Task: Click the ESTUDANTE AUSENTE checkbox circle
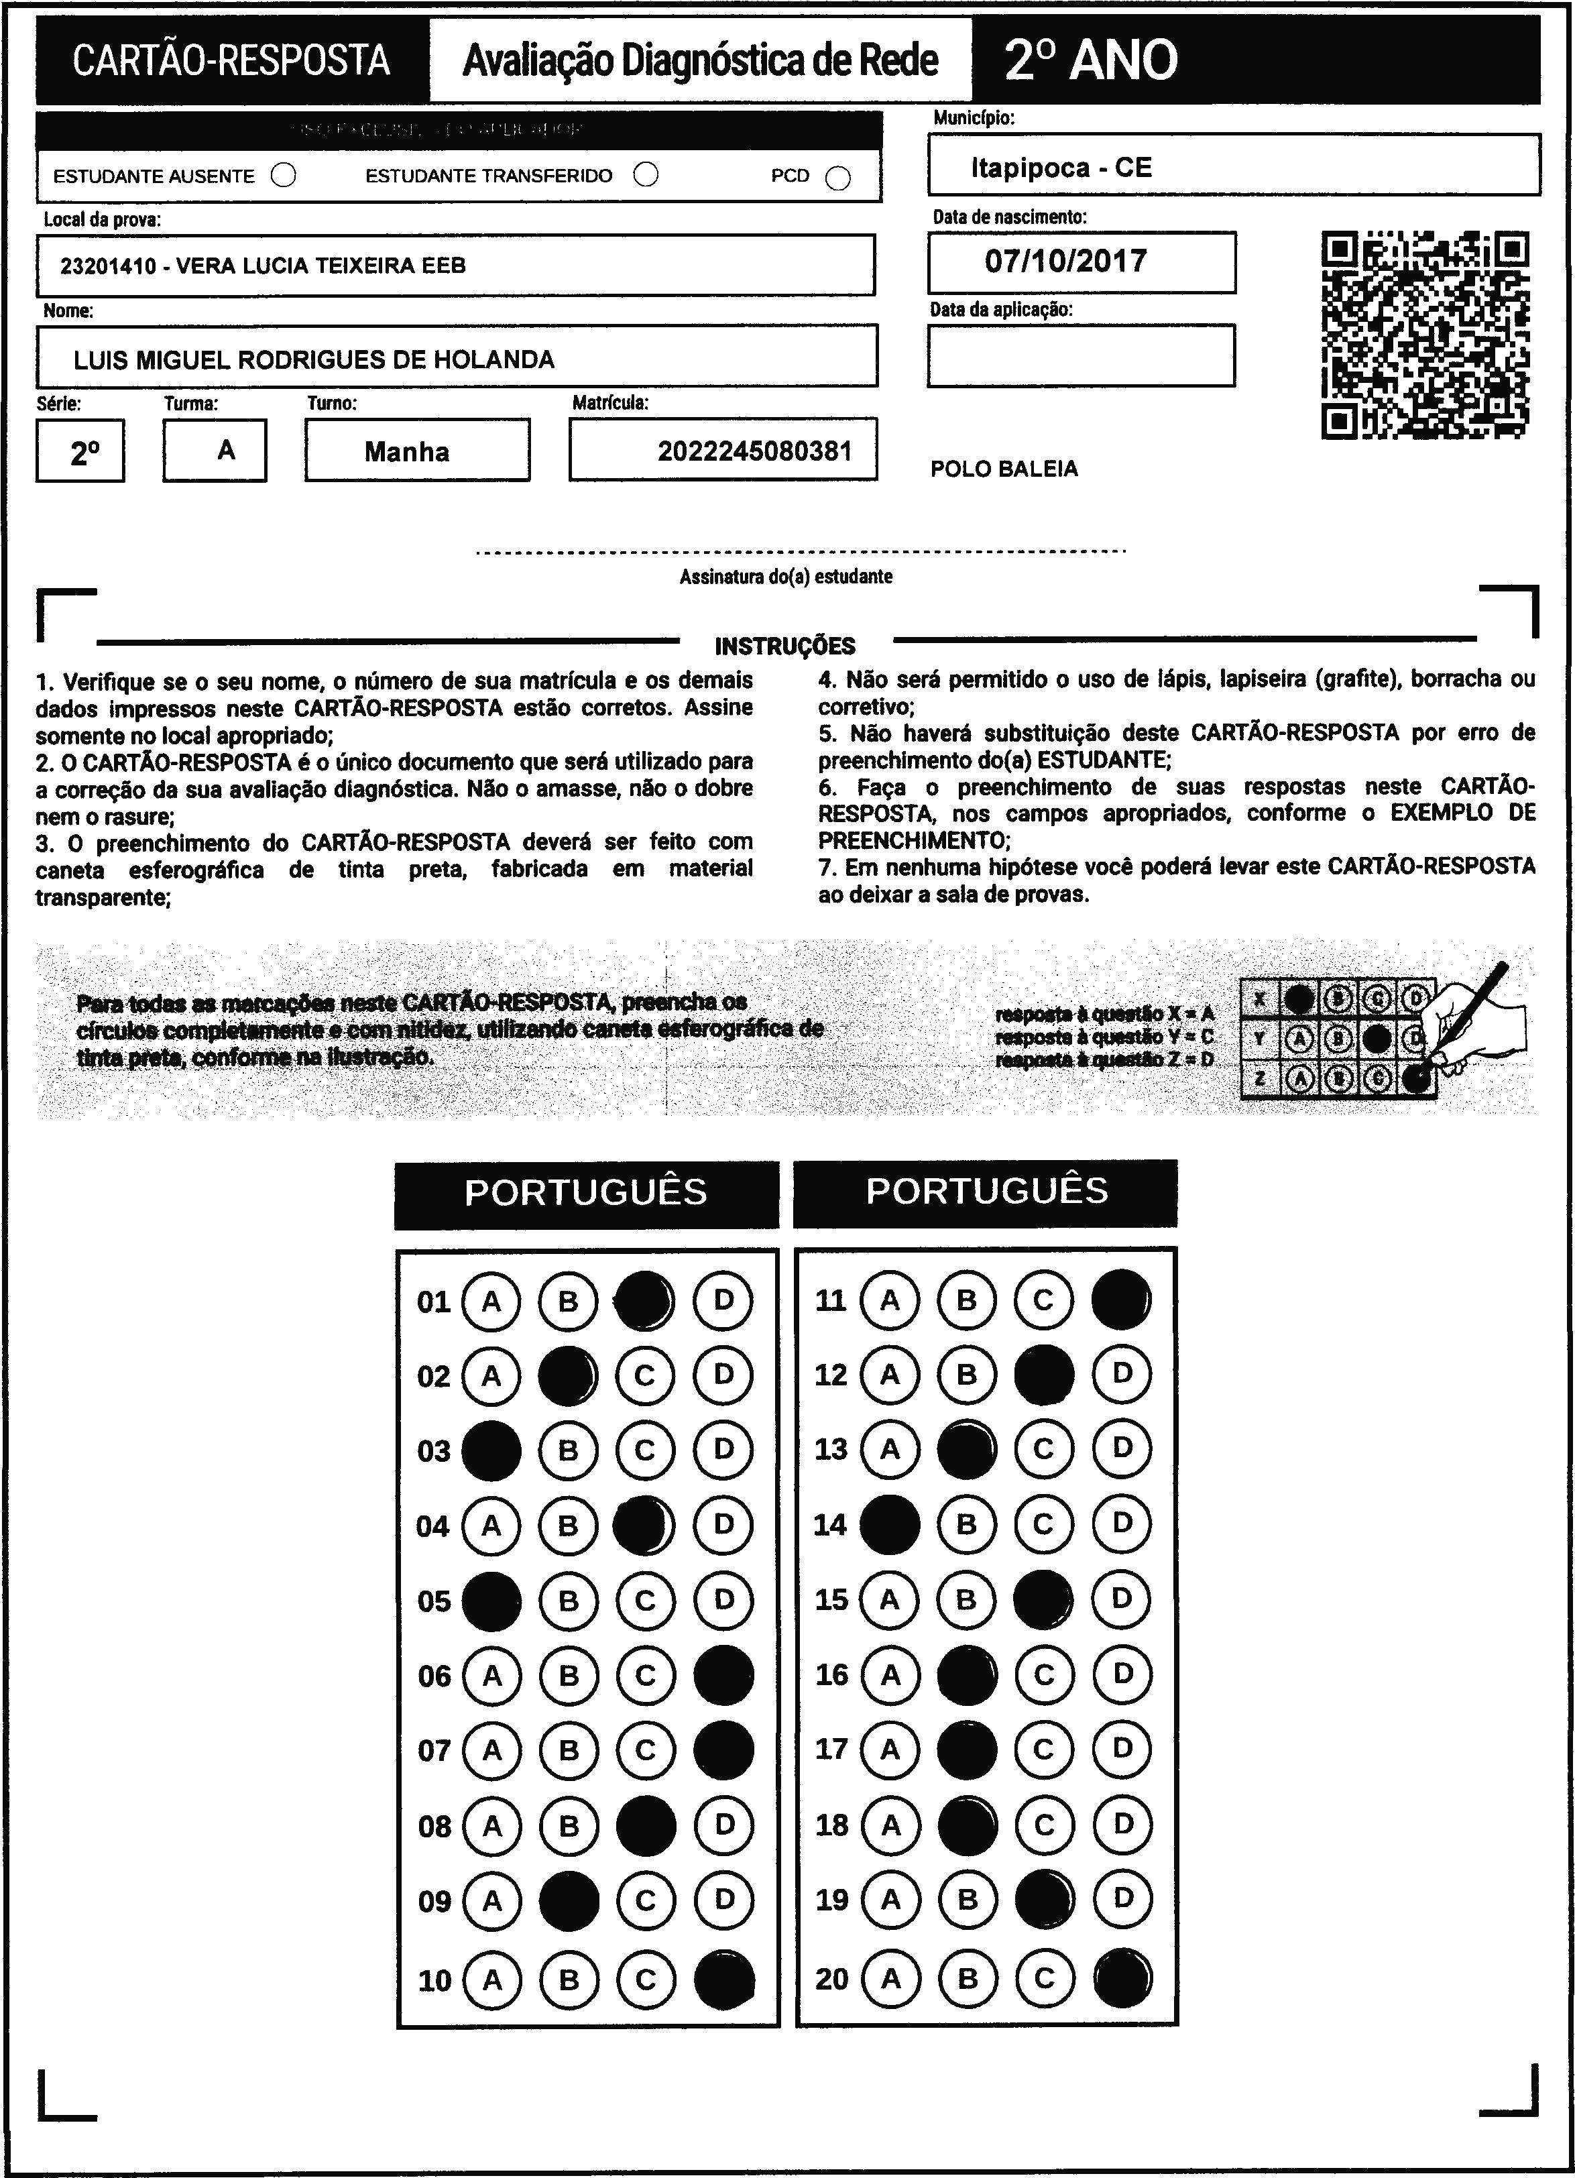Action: point(284,176)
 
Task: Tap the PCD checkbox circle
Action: point(837,178)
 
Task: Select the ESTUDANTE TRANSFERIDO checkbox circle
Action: point(646,175)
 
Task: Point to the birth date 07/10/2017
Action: point(1066,262)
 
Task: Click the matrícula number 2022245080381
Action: point(755,451)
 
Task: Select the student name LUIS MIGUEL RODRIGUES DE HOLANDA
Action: point(314,360)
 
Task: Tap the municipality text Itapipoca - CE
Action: point(1061,168)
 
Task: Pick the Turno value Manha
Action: point(407,451)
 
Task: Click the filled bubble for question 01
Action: point(644,1300)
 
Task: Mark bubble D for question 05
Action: point(723,1600)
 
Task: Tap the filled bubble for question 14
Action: point(889,1525)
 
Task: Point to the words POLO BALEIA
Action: point(1004,469)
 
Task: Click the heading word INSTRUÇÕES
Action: point(784,645)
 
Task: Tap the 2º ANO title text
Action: point(1091,60)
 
